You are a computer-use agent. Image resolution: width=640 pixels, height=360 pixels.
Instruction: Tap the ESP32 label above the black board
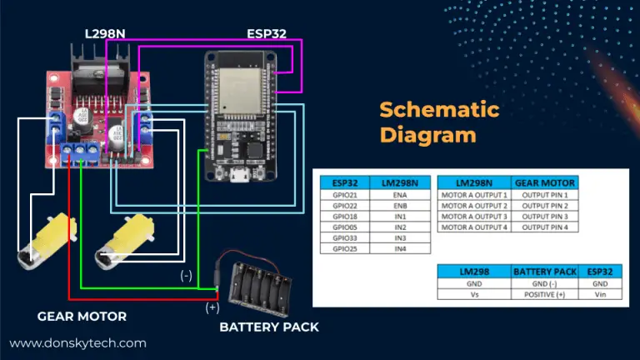[267, 34]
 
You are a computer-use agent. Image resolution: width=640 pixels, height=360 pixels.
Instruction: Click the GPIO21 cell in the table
[344, 194]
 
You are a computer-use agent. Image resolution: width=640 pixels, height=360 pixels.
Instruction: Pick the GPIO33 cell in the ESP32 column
[344, 237]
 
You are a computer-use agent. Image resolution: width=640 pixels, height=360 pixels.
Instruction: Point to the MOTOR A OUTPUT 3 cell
[472, 216]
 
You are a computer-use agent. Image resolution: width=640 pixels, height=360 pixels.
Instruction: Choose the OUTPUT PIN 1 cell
[544, 194]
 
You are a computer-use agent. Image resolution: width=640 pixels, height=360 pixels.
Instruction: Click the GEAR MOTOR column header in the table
[544, 182]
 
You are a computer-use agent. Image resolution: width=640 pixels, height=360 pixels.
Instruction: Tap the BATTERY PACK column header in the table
[543, 272]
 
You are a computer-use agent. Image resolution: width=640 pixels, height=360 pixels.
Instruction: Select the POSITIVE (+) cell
[543, 294]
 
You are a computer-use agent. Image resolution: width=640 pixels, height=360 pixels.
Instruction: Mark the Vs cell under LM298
[472, 294]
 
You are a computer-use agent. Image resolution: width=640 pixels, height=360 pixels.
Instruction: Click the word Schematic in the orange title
[438, 110]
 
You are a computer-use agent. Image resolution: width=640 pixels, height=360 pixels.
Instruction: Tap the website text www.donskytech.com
[77, 342]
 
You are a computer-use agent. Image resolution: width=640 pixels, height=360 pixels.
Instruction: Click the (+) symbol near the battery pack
[213, 307]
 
